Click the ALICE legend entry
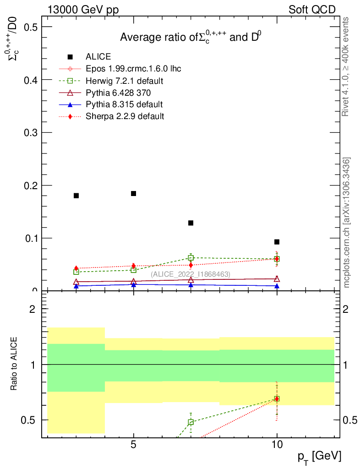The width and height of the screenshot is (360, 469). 98,57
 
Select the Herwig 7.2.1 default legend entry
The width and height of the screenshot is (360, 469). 125,81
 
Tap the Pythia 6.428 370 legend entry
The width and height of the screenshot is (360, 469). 118,93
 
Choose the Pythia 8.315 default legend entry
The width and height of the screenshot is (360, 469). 124,104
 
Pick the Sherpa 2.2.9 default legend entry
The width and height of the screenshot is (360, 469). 125,116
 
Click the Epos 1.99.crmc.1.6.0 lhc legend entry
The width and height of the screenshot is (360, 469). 133,69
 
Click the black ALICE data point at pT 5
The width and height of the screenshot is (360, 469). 133,193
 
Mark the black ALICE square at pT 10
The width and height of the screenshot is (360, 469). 277,242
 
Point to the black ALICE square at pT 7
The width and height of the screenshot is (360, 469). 191,223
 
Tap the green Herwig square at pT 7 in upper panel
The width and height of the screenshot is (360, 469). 191,258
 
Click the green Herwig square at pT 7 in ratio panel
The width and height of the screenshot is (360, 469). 191,422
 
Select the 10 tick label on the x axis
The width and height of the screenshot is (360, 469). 277,444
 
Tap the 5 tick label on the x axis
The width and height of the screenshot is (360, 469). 133,444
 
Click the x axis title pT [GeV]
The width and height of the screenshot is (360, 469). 319,456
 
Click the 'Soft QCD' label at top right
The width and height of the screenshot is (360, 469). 312,10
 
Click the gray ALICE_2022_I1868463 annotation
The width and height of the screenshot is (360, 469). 191,274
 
